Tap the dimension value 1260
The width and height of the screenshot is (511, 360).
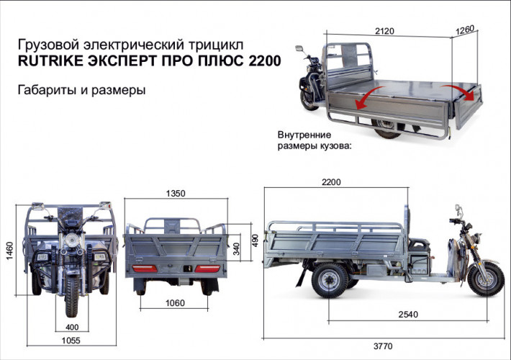click(465, 31)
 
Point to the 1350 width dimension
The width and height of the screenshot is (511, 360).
click(176, 193)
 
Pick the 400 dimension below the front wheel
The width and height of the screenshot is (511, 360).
click(72, 328)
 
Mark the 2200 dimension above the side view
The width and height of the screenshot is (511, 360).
click(331, 182)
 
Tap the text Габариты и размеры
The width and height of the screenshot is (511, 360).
click(80, 91)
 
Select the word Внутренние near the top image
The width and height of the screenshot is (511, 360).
click(304, 135)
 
